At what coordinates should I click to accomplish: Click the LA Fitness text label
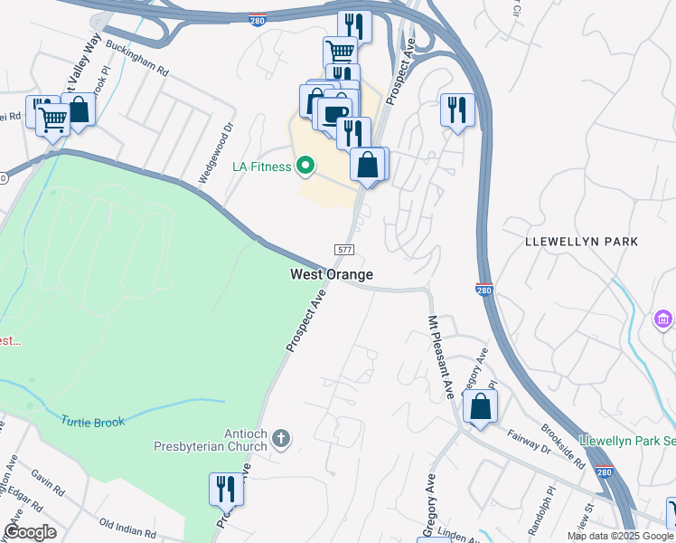pyautogui.click(x=261, y=167)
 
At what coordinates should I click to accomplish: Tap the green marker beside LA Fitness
pyautogui.click(x=305, y=166)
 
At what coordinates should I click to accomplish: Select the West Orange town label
pyautogui.click(x=332, y=274)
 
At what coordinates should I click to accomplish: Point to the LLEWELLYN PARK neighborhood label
pyautogui.click(x=582, y=242)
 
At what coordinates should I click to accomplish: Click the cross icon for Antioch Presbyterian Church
pyautogui.click(x=281, y=439)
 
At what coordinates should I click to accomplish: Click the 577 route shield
pyautogui.click(x=344, y=250)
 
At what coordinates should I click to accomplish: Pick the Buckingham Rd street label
pyautogui.click(x=136, y=56)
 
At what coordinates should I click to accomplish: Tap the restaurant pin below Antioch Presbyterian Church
pyautogui.click(x=226, y=490)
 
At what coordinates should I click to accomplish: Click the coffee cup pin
pyautogui.click(x=334, y=115)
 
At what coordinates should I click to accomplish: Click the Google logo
pyautogui.click(x=30, y=532)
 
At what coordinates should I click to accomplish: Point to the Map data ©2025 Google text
pyautogui.click(x=621, y=536)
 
